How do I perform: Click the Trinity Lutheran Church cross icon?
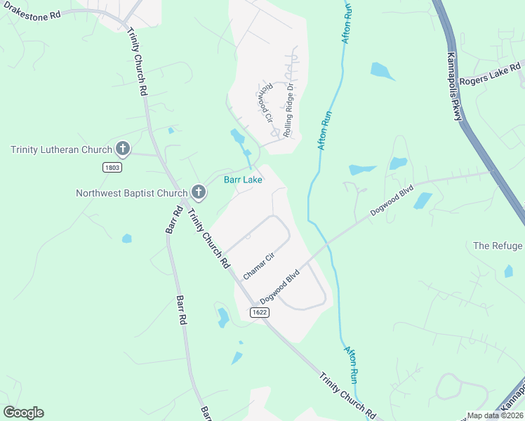(123, 149)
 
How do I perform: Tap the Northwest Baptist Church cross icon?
(199, 192)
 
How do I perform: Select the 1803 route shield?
(112, 167)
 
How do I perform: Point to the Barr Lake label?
(243, 180)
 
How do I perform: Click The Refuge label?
(498, 246)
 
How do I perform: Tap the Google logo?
(23, 413)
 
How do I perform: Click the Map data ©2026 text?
(495, 415)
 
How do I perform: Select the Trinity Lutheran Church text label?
(61, 149)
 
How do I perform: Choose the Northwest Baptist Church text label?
(131, 193)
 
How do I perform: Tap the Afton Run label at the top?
(346, 22)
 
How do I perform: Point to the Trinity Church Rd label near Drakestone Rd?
(138, 62)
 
